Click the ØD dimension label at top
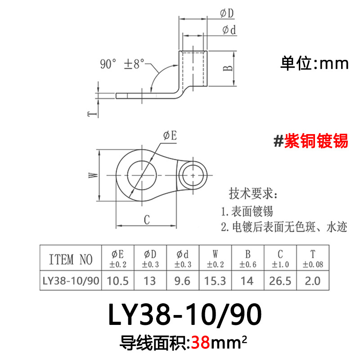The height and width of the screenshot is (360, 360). click(x=227, y=14)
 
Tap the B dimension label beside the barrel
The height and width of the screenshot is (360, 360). click(x=228, y=67)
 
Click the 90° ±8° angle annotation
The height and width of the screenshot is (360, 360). click(x=122, y=64)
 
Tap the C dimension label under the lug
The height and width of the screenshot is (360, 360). click(x=146, y=219)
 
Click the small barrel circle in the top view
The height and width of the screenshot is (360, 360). click(x=193, y=174)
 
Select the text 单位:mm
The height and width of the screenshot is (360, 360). click(x=315, y=63)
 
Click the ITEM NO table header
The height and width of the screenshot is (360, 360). click(x=70, y=259)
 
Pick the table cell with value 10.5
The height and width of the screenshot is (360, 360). click(x=117, y=281)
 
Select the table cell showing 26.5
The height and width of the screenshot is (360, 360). click(x=279, y=281)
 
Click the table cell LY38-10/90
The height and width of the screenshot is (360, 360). click(x=70, y=281)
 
